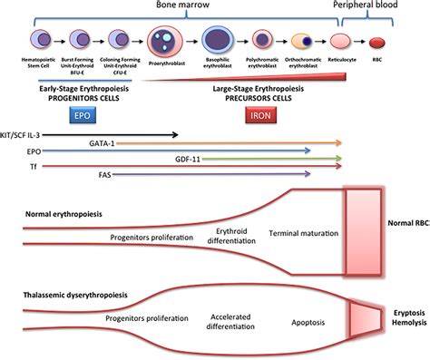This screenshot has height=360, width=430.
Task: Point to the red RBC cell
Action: point(377,42)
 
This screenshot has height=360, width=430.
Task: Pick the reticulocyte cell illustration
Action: point(341,42)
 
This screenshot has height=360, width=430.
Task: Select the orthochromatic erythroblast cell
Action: point(303,42)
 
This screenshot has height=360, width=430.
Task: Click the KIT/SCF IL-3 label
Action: point(28,134)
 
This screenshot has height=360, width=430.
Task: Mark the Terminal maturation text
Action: point(304,233)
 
